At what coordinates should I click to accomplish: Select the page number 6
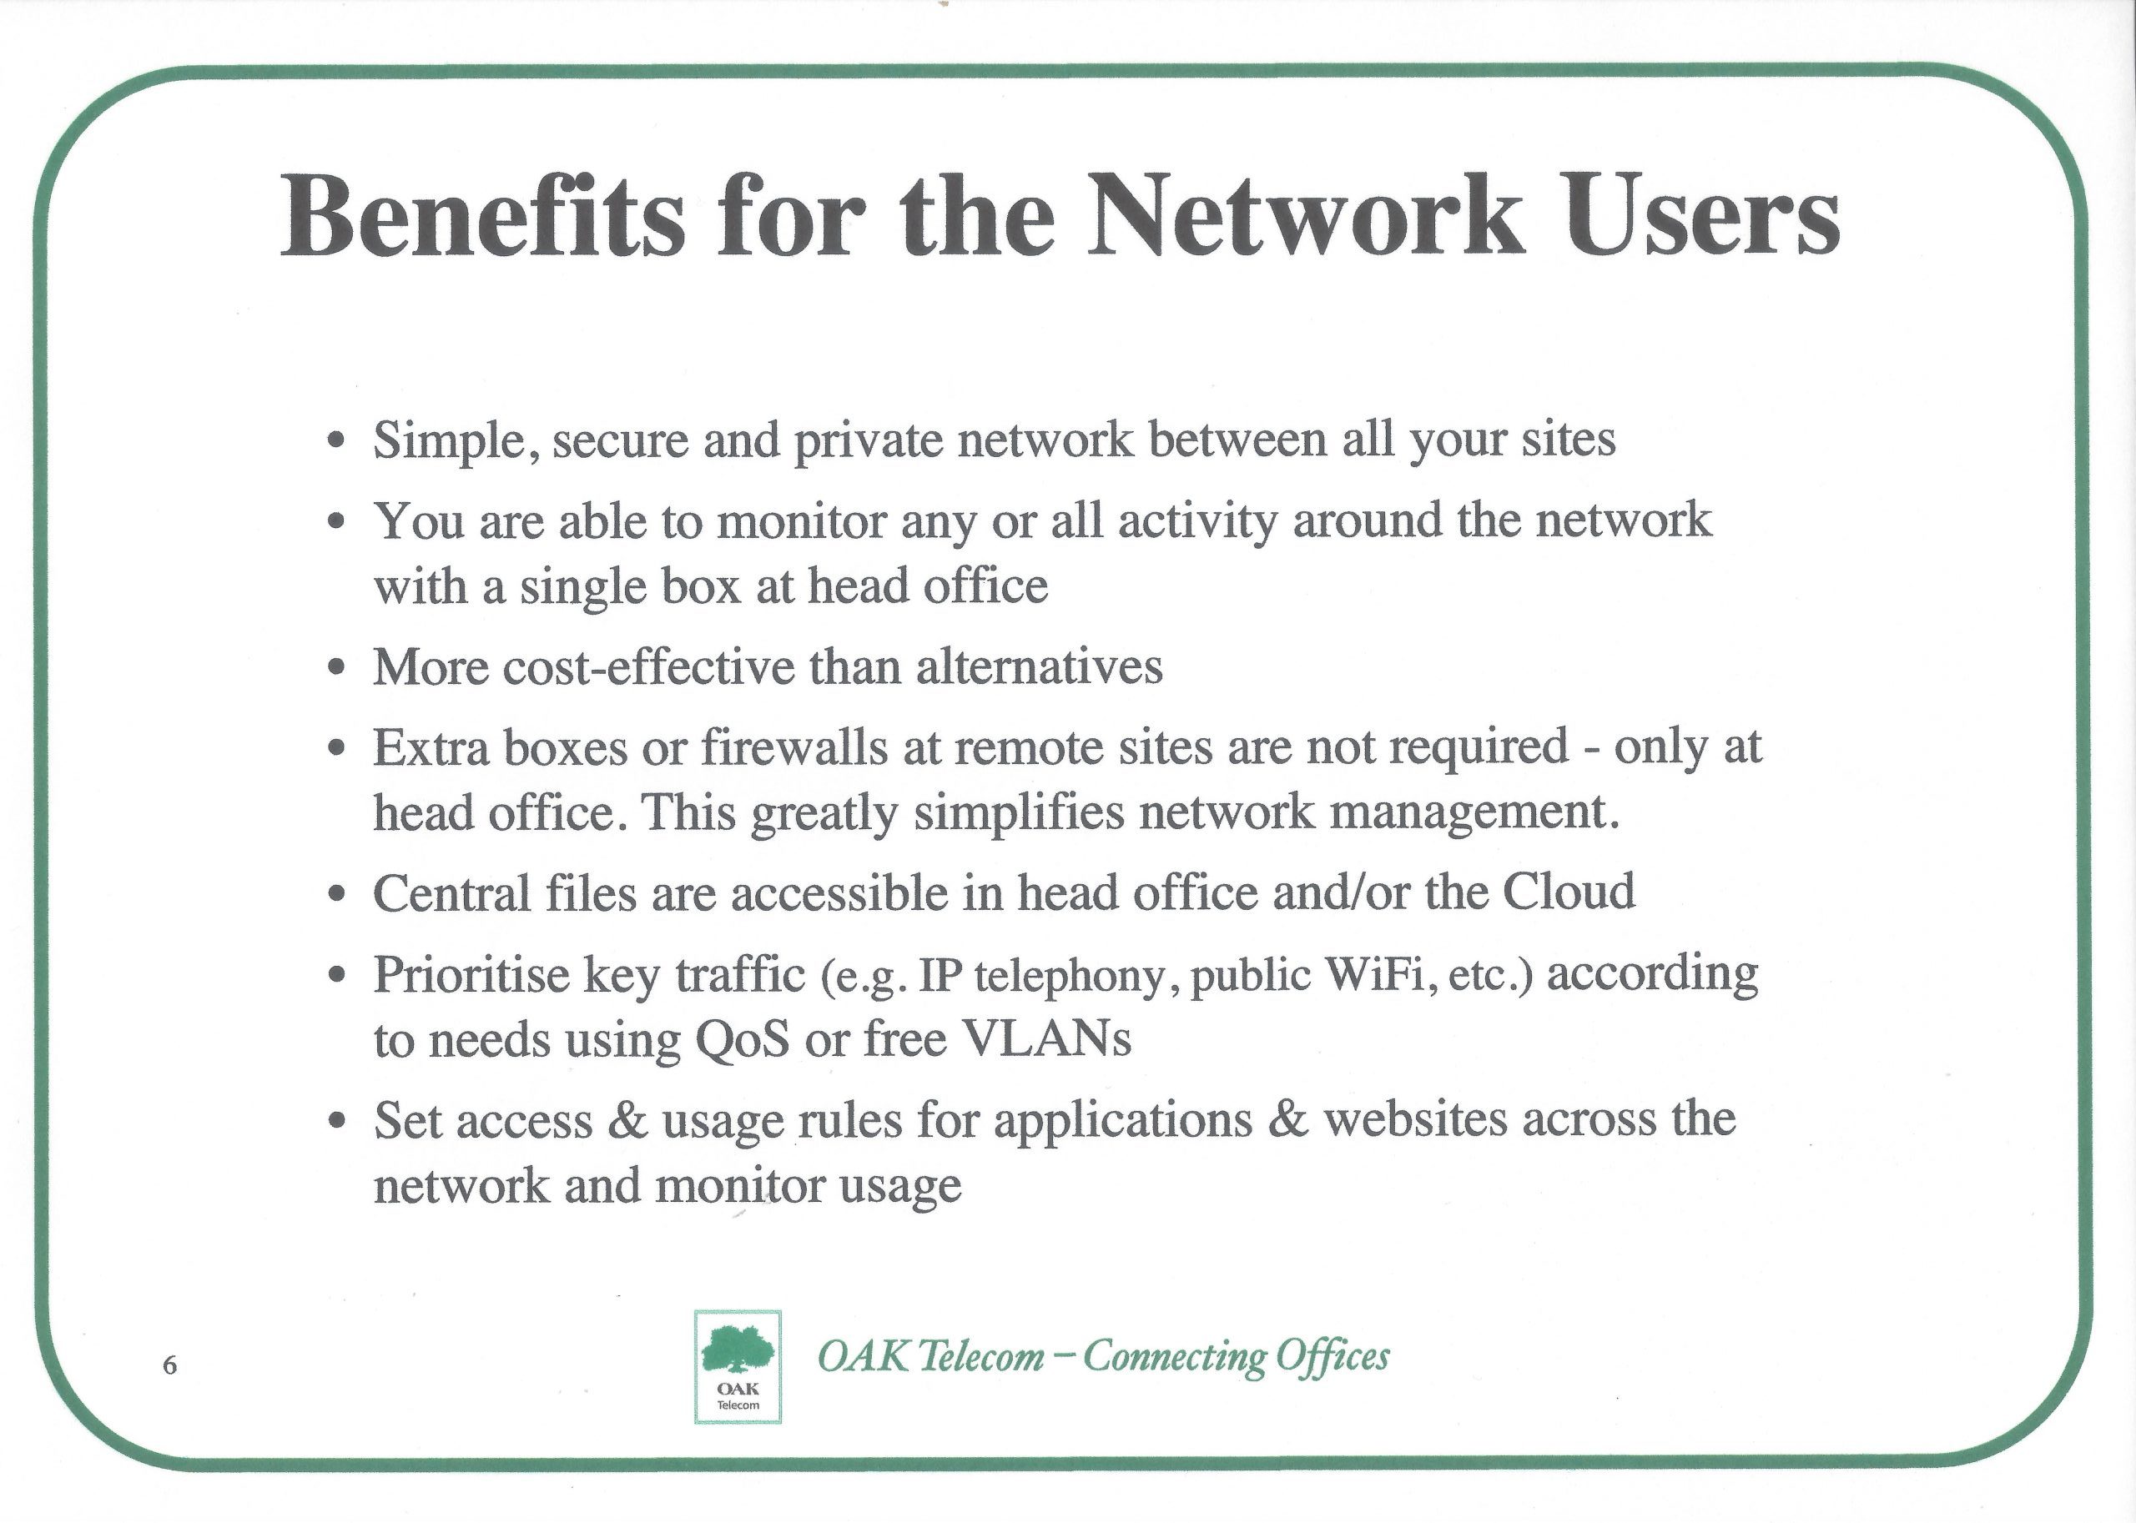point(169,1365)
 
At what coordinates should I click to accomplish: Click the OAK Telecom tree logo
point(738,1366)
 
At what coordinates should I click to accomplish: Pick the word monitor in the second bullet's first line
point(802,520)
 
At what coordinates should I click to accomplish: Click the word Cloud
point(1569,892)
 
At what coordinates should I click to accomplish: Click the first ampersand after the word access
point(628,1121)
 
